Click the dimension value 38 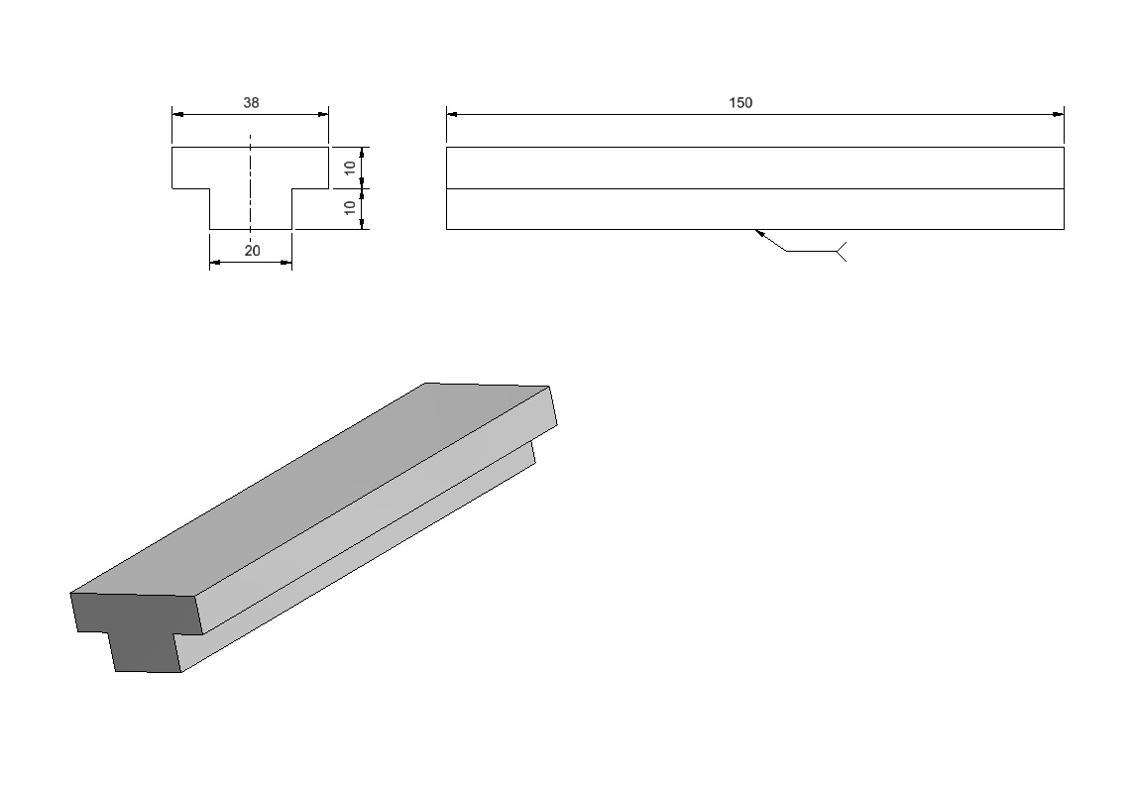click(251, 103)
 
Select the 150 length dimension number click(740, 103)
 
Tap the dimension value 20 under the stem click(252, 251)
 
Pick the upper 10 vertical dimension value click(350, 168)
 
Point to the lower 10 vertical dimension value click(350, 208)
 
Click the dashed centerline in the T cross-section click(251, 189)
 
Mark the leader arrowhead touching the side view click(760, 233)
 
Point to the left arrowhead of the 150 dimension click(452, 114)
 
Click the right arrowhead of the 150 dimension click(1059, 114)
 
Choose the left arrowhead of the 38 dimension click(177, 114)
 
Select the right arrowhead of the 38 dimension click(323, 114)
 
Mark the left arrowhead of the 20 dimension click(215, 262)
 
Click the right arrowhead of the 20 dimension click(286, 262)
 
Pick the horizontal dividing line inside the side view click(755, 189)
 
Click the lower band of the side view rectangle click(755, 209)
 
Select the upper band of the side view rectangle click(755, 168)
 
